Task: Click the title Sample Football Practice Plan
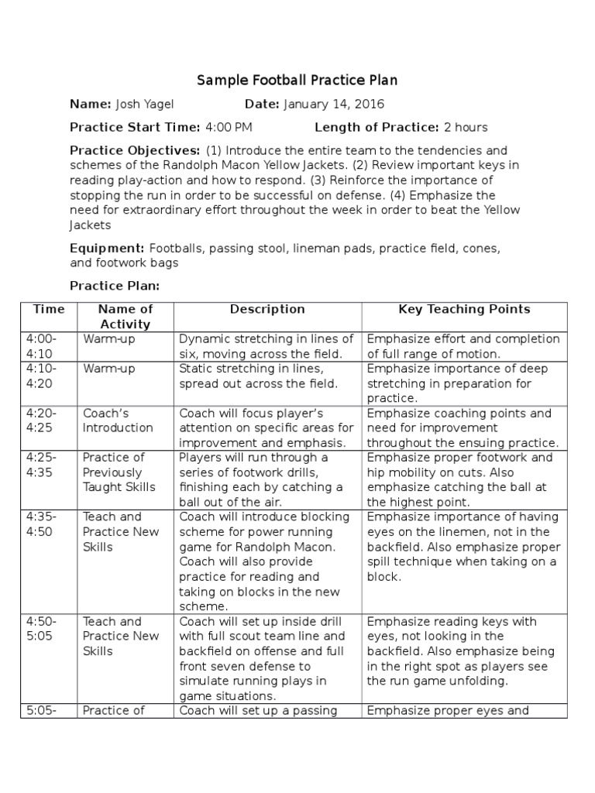[x=297, y=80]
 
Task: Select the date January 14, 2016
[x=334, y=105]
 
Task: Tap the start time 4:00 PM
[x=228, y=128]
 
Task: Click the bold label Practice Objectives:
[x=135, y=150]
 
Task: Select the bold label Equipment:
[x=107, y=248]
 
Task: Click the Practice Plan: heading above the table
[x=115, y=286]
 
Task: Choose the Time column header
[x=49, y=309]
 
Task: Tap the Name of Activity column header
[x=125, y=317]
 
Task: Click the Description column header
[x=267, y=309]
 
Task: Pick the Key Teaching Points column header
[x=464, y=309]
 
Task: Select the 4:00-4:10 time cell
[x=43, y=346]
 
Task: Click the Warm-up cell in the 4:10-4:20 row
[x=109, y=369]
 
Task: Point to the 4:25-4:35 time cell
[x=43, y=465]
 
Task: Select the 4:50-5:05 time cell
[x=43, y=628]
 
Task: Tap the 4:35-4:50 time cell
[x=43, y=524]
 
